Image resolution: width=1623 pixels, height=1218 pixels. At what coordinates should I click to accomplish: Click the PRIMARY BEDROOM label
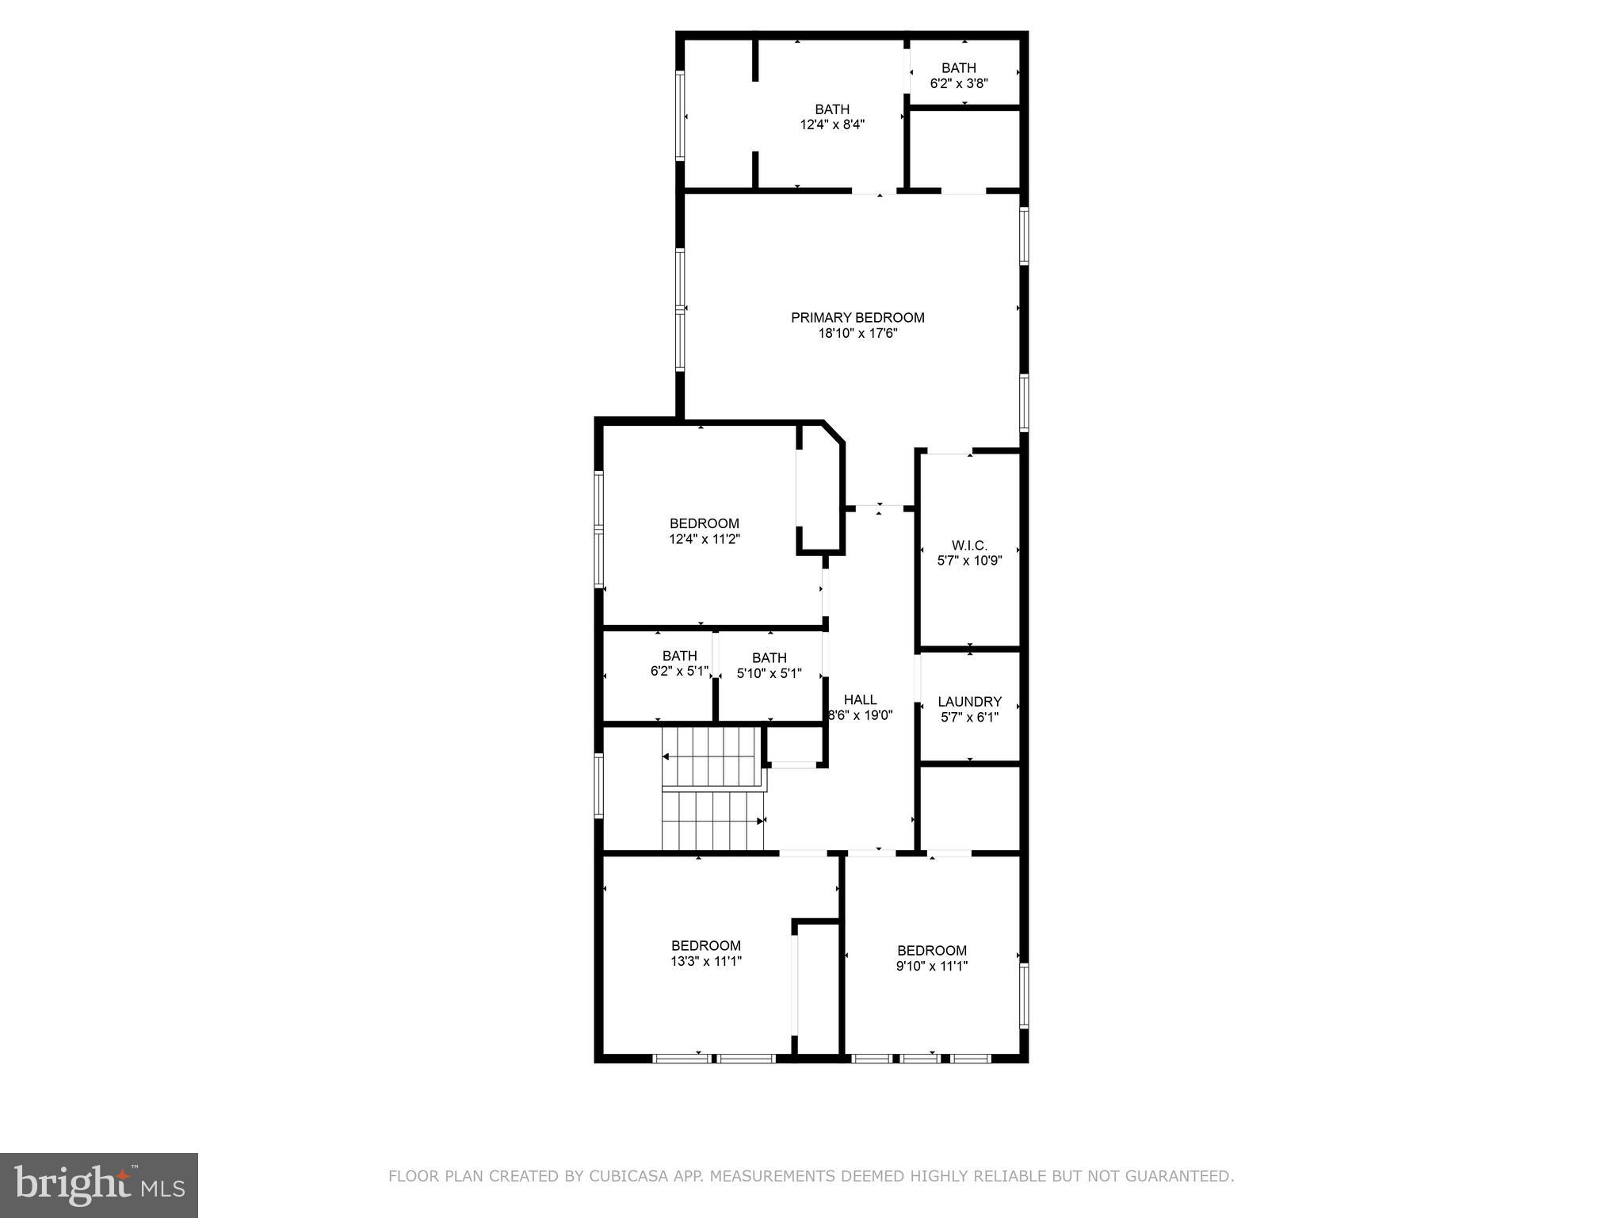pyautogui.click(x=857, y=318)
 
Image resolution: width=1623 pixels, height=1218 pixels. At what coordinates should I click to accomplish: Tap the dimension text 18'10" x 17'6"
pyautogui.click(x=857, y=334)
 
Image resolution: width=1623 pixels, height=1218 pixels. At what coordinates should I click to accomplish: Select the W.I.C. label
pyautogui.click(x=969, y=546)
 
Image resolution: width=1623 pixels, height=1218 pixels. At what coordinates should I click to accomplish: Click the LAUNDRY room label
pyautogui.click(x=969, y=702)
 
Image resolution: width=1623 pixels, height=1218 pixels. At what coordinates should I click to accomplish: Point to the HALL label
pyautogui.click(x=860, y=699)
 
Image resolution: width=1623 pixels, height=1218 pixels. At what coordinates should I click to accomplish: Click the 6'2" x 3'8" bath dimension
pyautogui.click(x=959, y=83)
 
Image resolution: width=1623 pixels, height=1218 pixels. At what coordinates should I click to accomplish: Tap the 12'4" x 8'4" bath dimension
pyautogui.click(x=832, y=124)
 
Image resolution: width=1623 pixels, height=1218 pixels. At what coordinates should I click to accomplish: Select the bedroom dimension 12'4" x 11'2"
pyautogui.click(x=705, y=539)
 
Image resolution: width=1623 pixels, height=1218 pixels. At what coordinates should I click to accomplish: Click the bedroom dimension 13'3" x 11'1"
pyautogui.click(x=706, y=961)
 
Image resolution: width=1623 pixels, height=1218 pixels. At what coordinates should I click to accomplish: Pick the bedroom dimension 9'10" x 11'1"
pyautogui.click(x=932, y=966)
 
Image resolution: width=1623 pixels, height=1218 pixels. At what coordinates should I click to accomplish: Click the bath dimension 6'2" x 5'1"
pyautogui.click(x=679, y=671)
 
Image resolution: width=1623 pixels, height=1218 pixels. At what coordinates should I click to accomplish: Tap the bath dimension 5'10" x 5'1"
pyautogui.click(x=769, y=673)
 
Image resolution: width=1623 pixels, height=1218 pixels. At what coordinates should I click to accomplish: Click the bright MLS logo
pyautogui.click(x=99, y=1185)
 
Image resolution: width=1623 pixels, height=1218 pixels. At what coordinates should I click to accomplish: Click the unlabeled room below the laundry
pyautogui.click(x=969, y=809)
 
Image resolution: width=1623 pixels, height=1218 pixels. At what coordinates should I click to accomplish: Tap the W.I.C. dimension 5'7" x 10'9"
pyautogui.click(x=969, y=561)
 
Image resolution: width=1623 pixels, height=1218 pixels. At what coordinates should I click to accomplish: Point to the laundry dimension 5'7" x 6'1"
pyautogui.click(x=969, y=718)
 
